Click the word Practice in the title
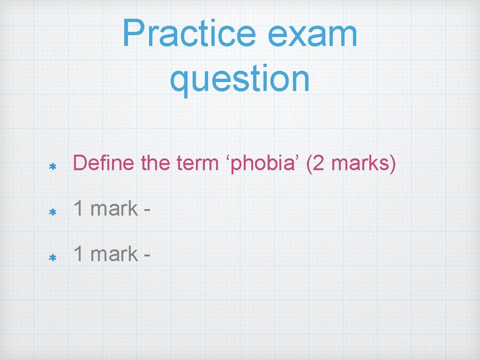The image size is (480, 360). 186,34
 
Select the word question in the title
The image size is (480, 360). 240,78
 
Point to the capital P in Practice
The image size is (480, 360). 133,34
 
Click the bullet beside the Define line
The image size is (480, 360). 52,167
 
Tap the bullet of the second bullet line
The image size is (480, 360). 52,212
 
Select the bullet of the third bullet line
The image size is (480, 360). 52,258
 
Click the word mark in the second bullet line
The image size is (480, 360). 113,209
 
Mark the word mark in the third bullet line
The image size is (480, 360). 113,254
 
